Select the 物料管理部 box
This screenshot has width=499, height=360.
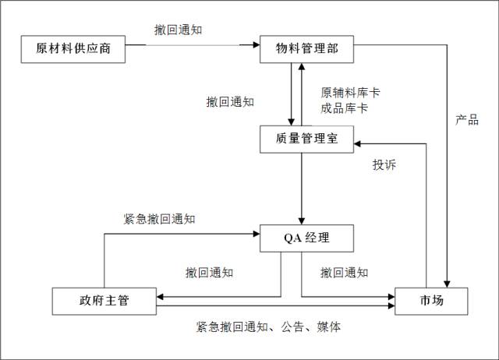306,48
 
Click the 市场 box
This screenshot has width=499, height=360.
431,301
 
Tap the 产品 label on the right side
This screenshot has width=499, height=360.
467,121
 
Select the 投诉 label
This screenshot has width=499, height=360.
384,166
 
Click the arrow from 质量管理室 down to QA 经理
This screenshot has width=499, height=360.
301,187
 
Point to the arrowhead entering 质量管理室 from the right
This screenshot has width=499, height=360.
357,143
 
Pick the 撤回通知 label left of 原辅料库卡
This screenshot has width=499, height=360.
230,102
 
